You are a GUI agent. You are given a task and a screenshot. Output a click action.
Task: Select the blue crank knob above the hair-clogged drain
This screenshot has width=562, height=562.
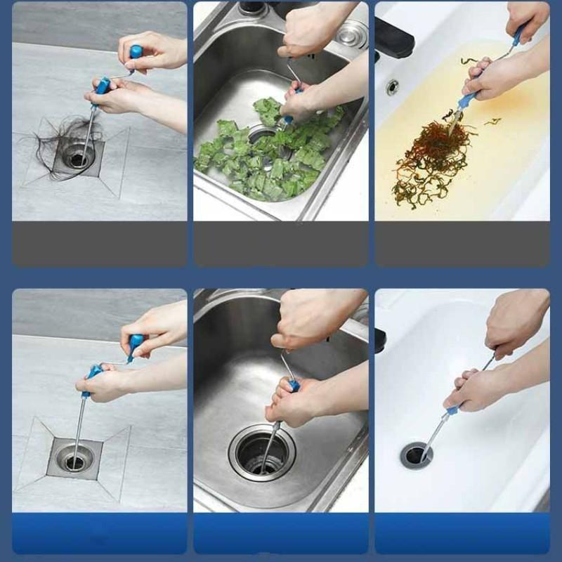click(x=136, y=51)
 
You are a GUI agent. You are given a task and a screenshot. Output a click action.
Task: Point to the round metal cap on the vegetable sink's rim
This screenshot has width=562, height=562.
click(x=349, y=33)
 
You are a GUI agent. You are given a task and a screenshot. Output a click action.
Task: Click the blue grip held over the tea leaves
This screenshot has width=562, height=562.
click(x=469, y=98)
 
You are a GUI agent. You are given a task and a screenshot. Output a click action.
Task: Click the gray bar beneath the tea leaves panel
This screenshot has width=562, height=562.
click(x=462, y=244)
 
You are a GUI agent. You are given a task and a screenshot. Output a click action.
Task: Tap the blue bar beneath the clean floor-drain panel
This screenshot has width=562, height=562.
click(x=99, y=533)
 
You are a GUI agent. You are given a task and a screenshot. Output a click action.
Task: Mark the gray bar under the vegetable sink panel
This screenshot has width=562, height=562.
click(x=281, y=244)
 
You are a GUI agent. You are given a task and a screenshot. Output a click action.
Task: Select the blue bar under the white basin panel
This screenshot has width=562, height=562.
click(x=462, y=533)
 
